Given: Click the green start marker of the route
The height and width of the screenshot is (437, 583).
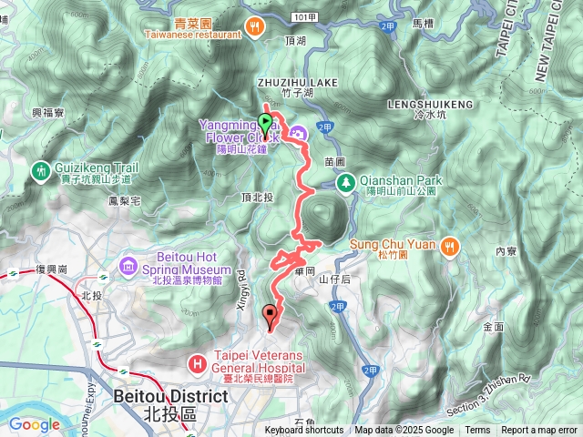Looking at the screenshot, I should click(265, 122).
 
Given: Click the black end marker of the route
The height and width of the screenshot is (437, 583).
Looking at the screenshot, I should click(270, 317).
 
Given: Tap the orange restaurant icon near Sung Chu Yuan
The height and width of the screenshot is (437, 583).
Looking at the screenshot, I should click(449, 246).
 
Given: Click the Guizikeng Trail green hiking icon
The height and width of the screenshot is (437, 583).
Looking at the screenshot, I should click(40, 170).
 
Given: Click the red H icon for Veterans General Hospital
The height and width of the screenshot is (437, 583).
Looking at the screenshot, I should click(196, 364).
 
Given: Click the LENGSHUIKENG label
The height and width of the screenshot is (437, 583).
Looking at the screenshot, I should click(434, 104).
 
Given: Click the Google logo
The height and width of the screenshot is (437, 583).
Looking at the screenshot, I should click(34, 423).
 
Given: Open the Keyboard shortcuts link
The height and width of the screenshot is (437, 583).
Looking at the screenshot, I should click(304, 431).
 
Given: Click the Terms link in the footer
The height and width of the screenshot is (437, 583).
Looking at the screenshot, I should click(477, 431).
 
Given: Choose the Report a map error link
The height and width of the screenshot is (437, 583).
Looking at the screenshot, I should click(539, 431).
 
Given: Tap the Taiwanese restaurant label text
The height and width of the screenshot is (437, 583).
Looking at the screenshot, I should click(198, 36).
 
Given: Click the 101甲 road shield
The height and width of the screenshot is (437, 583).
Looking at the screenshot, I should click(305, 17).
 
